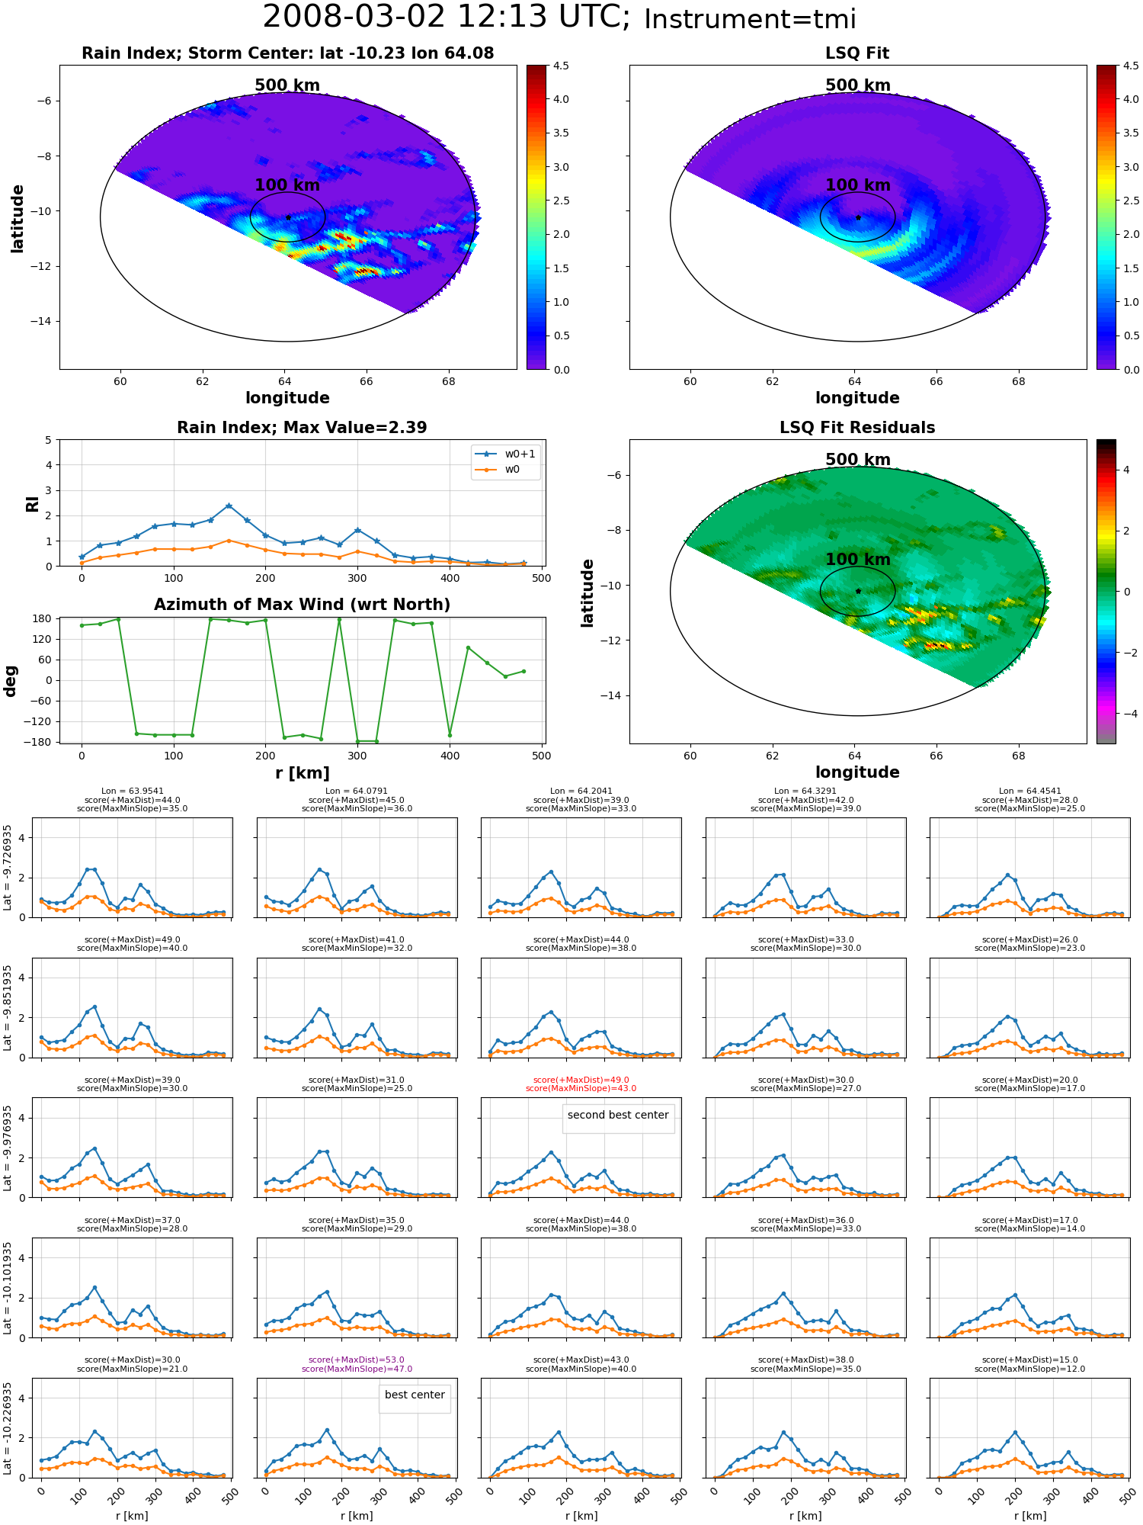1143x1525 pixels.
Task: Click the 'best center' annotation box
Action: (x=415, y=1395)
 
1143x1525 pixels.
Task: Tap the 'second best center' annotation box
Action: (x=618, y=1116)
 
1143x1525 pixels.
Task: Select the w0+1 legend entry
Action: (x=504, y=454)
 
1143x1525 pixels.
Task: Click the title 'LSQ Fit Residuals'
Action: (x=857, y=428)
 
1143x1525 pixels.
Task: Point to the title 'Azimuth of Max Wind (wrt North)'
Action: (x=302, y=605)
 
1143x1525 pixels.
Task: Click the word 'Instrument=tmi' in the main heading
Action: (x=750, y=20)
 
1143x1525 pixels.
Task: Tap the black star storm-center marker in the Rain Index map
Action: (x=288, y=217)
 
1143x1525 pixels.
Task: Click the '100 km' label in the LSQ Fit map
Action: (x=857, y=185)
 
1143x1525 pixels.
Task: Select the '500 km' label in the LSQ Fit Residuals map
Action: (x=857, y=460)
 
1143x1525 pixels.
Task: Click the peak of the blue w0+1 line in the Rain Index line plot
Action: (x=229, y=506)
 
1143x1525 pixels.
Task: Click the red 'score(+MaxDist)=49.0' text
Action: (x=581, y=1080)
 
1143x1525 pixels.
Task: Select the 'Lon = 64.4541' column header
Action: (x=1029, y=791)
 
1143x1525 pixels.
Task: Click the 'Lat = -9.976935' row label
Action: (x=8, y=1148)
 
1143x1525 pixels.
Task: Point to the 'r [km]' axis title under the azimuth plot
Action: (x=302, y=773)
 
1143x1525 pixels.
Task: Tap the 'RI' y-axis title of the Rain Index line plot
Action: (x=33, y=503)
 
